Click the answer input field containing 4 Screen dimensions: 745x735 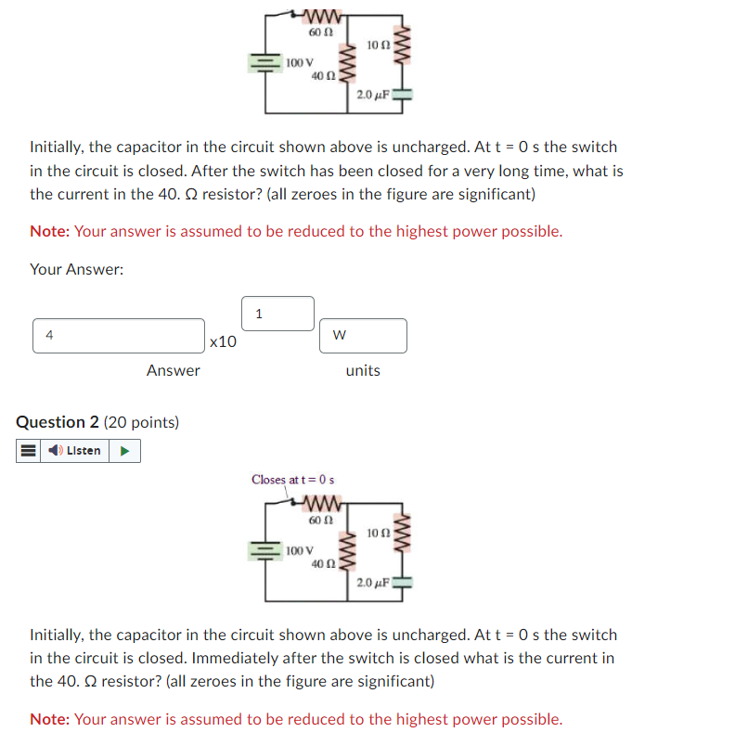[x=119, y=336]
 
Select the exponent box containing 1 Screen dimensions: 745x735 [x=277, y=314]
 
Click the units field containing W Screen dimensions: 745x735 [x=364, y=336]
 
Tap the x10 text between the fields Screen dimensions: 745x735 [x=223, y=342]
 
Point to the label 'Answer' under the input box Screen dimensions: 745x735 [x=173, y=370]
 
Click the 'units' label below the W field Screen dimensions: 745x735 [x=362, y=370]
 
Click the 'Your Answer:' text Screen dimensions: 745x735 [x=77, y=269]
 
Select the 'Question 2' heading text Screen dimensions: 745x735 [x=58, y=422]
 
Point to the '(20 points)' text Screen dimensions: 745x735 [x=141, y=422]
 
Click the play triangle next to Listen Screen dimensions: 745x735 [x=125, y=451]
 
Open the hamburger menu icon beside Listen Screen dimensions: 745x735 [x=28, y=451]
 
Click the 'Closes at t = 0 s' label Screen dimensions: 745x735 [x=292, y=480]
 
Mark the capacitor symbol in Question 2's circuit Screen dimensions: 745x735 [x=402, y=584]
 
